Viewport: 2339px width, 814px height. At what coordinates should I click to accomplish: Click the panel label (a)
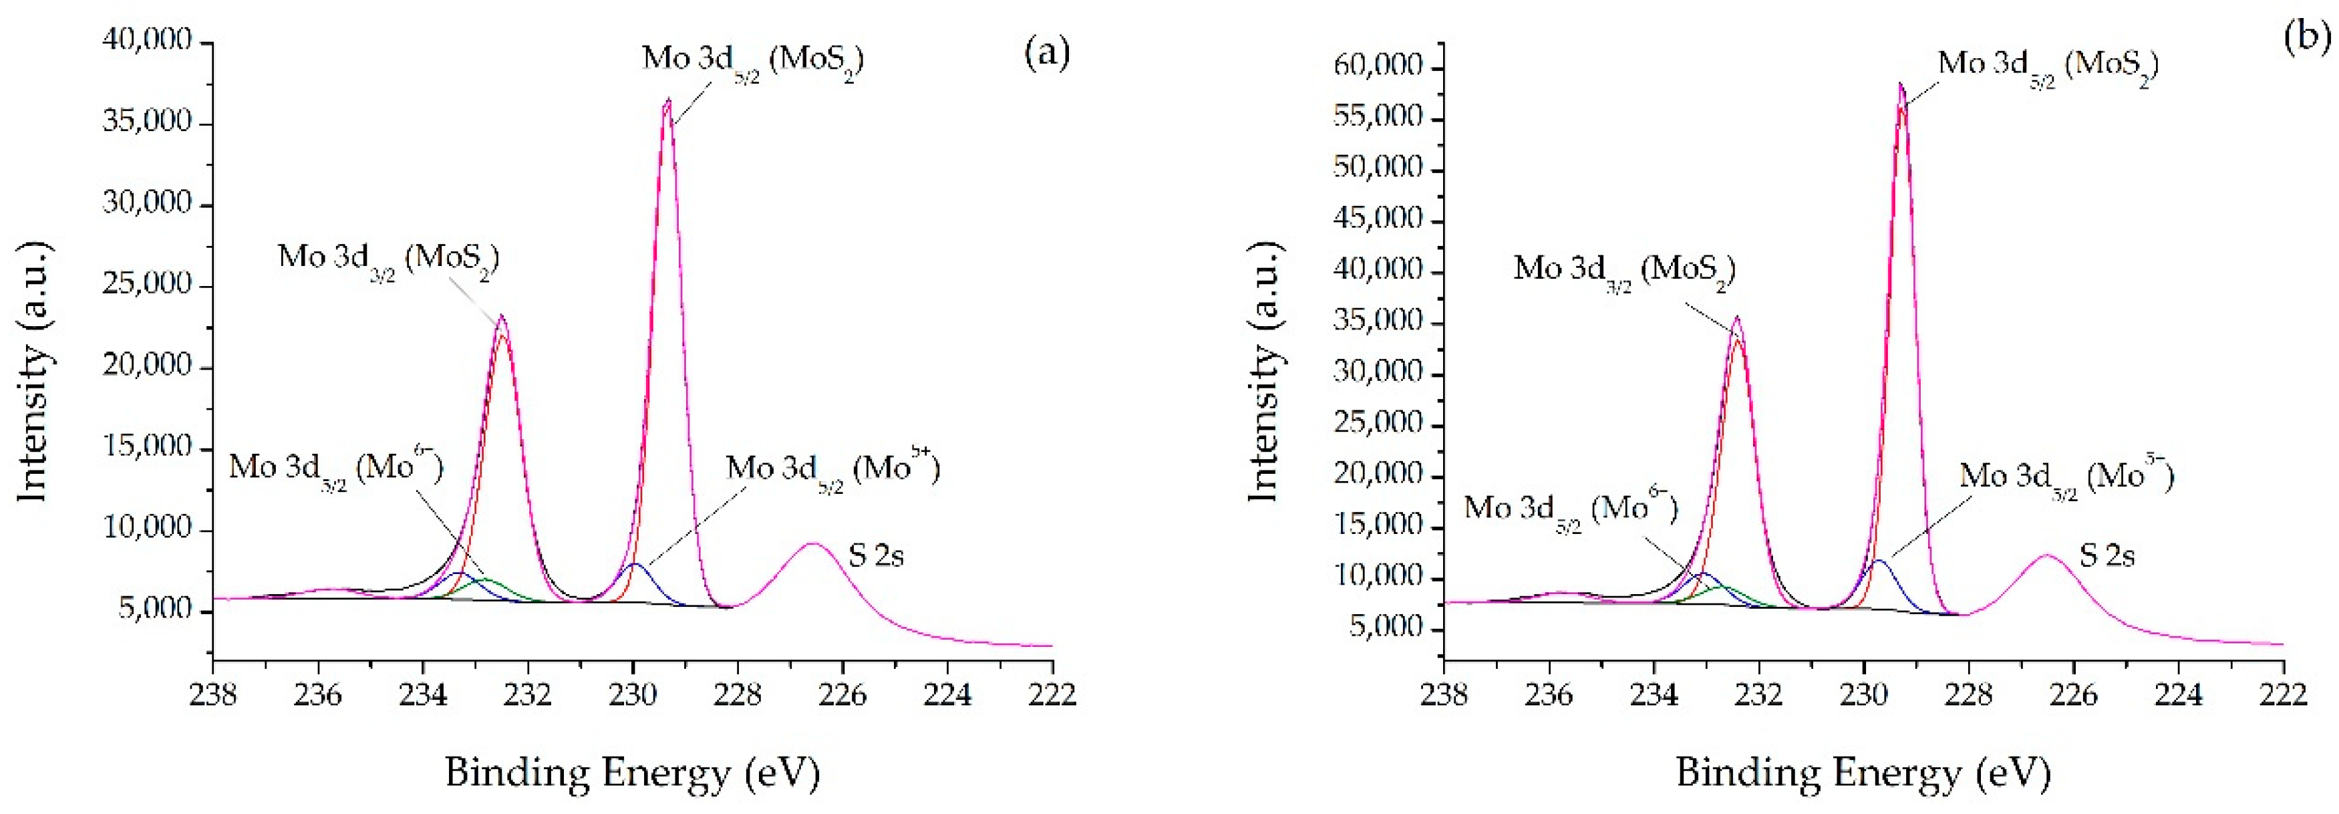(1047, 53)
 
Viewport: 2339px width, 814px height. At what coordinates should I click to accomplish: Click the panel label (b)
(2306, 38)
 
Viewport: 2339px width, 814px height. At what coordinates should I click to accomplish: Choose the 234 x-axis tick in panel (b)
(1654, 695)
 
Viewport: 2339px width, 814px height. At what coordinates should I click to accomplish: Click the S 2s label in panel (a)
(877, 555)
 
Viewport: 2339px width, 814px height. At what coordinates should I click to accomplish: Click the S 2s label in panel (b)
(2107, 555)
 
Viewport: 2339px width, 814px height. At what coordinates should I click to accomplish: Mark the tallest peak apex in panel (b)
(1901, 84)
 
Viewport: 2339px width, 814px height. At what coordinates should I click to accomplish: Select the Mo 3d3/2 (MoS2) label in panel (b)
(1624, 271)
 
